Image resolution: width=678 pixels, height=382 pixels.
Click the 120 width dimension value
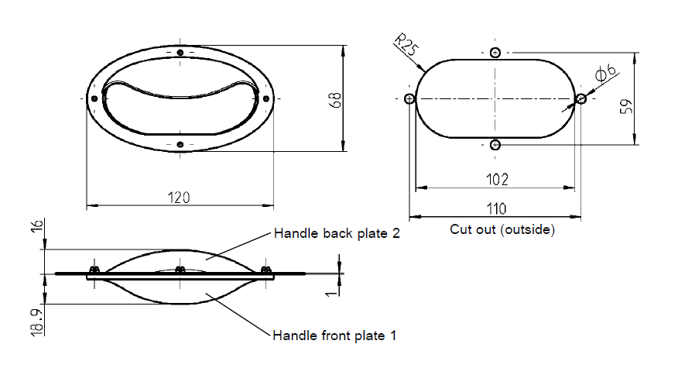(179, 198)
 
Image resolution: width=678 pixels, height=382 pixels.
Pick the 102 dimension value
(497, 180)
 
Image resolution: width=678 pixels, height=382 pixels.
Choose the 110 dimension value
(496, 208)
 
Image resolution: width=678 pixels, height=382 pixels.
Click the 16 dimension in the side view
(36, 228)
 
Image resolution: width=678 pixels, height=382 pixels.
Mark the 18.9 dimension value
(36, 319)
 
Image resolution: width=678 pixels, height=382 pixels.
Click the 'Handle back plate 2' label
(337, 233)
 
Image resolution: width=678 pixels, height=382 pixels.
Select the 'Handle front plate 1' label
(334, 336)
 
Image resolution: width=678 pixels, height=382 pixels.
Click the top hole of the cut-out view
(495, 53)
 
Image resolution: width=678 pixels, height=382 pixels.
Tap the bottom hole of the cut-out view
(495, 145)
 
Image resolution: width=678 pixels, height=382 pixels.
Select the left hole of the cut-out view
(410, 98)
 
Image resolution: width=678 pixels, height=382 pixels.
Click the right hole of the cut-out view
(581, 98)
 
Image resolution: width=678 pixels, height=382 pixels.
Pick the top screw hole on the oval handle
(180, 53)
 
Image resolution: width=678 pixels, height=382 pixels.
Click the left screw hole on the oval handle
(94, 98)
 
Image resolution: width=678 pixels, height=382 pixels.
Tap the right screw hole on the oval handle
(265, 98)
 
